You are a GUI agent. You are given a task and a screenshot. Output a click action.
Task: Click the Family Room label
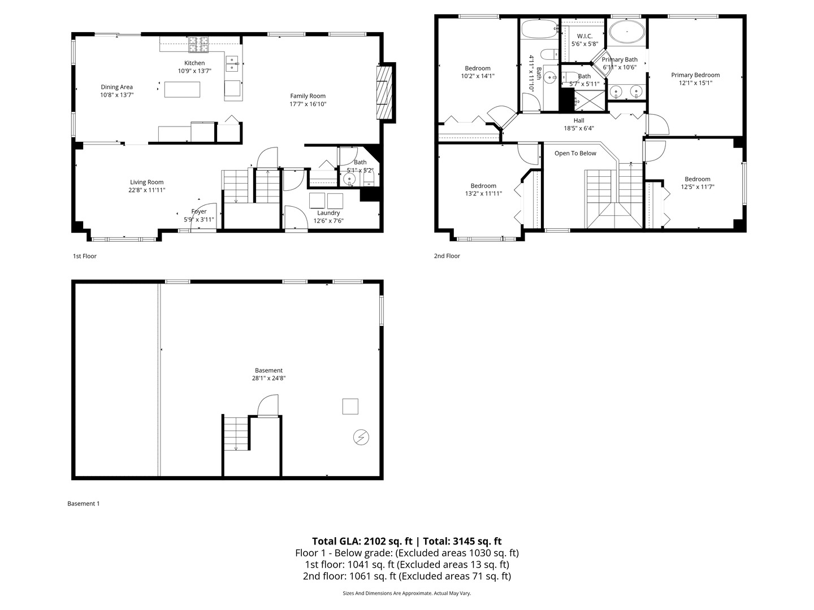(x=308, y=96)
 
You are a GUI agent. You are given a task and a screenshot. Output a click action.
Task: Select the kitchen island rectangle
(x=182, y=89)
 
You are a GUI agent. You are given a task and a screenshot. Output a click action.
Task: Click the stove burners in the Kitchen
(x=198, y=41)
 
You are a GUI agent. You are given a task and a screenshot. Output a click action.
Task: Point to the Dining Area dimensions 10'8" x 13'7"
(x=116, y=95)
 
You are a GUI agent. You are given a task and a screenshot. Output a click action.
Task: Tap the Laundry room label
(x=328, y=213)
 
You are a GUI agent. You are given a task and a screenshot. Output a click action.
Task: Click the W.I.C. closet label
(x=584, y=36)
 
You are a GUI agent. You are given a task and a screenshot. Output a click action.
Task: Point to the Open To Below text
(x=575, y=154)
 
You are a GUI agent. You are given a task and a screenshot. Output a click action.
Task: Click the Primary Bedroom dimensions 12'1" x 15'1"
(x=695, y=82)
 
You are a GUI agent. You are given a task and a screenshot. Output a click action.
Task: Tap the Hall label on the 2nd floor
(x=579, y=120)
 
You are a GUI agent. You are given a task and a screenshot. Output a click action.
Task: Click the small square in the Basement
(x=350, y=407)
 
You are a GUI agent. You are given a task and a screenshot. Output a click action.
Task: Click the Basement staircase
(x=236, y=433)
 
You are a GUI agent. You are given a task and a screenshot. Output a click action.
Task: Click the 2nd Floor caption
(x=447, y=256)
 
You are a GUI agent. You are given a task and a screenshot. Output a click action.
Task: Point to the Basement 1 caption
(x=83, y=503)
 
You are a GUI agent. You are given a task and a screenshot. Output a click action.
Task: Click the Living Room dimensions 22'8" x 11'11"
(x=146, y=190)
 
